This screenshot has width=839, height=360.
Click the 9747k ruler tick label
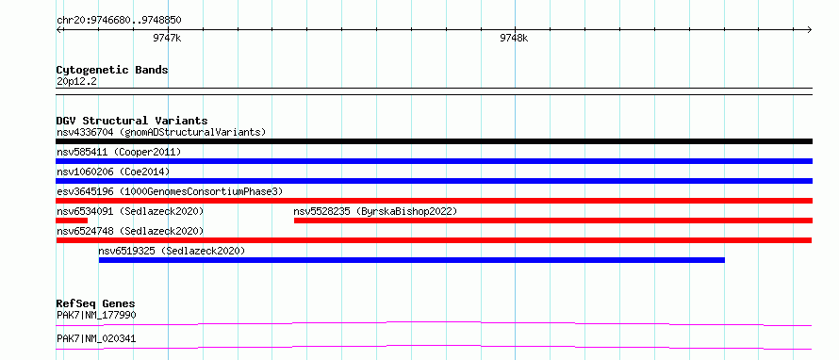pos(168,38)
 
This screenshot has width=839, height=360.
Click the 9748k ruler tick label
pos(514,38)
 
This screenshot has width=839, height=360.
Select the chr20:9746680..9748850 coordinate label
pos(119,21)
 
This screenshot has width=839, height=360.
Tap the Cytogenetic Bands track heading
pos(112,70)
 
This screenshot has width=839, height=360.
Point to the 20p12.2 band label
pos(76,82)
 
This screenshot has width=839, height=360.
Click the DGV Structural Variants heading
pos(132,121)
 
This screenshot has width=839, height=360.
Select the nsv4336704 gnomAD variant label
pos(161,132)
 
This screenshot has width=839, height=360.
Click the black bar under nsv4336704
pos(434,141)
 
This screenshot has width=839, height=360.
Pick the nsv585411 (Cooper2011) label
pos(119,152)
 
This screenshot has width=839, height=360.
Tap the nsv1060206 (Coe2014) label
pos(113,172)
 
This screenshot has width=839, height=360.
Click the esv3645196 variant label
pos(170,191)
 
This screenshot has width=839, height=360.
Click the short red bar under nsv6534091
pos(72,221)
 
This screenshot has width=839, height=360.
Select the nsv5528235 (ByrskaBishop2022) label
pos(375,211)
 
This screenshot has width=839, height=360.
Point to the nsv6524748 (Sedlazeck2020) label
pos(130,231)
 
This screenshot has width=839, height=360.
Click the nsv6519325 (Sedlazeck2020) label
pos(172,251)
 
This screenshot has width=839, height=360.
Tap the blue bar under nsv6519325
pos(411,260)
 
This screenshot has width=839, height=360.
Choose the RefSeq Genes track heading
pos(96,303)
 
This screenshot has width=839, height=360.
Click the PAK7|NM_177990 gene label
pos(96,315)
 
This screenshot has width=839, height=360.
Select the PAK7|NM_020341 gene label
pos(96,338)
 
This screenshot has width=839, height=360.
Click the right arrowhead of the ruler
pos(810,30)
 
